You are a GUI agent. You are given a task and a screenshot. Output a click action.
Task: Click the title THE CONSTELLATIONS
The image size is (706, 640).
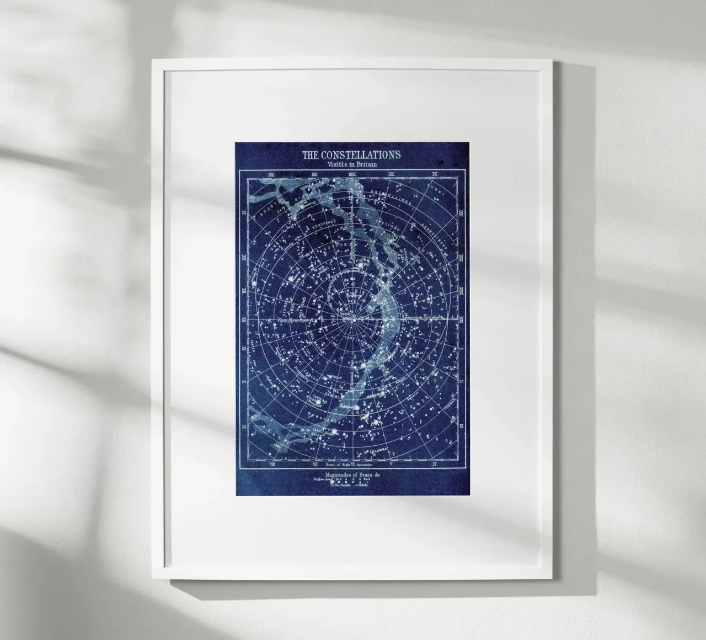(x=351, y=154)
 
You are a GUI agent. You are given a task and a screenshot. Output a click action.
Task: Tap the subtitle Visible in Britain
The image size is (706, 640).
(x=351, y=164)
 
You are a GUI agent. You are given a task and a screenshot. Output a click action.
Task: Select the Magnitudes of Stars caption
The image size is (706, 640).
(x=351, y=473)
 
